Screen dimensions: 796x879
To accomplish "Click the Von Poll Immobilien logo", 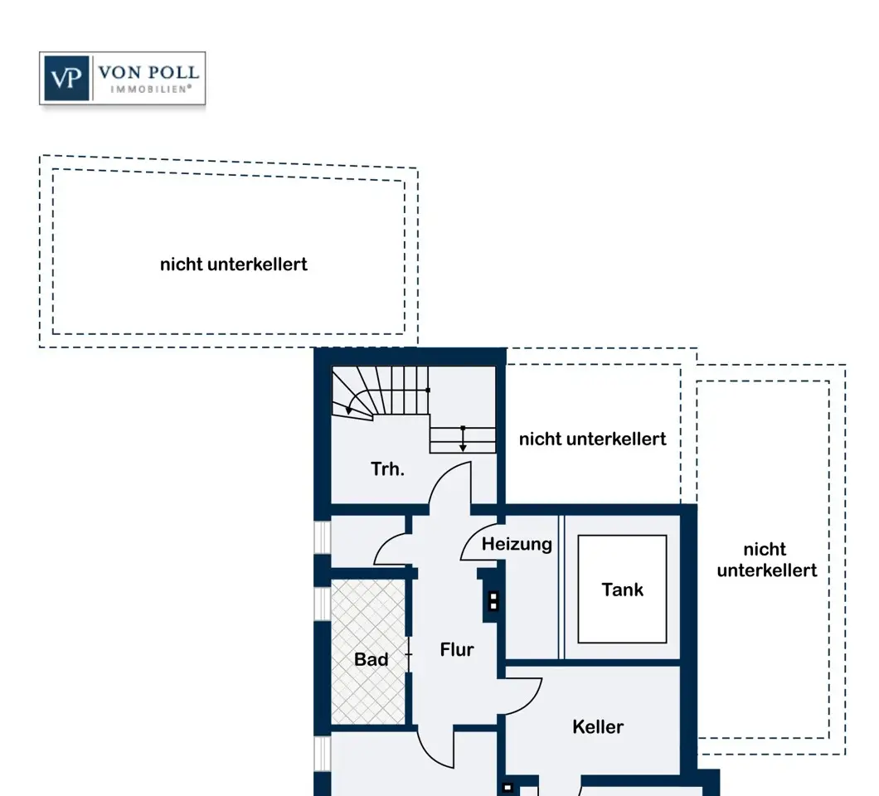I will point(122,79).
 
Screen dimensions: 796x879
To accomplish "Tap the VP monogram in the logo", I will point(67,79).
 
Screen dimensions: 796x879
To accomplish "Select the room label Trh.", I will point(387,469).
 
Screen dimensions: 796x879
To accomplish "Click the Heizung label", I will point(517,545).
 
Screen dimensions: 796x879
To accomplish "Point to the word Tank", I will point(622,590).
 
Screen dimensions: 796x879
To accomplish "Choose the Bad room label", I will point(371,660).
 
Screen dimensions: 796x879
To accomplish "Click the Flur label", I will point(457,650).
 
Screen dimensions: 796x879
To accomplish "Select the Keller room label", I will point(598,727).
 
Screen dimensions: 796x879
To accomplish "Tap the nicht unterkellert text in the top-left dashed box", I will point(233,265).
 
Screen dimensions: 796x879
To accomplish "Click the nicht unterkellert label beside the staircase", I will point(592,439).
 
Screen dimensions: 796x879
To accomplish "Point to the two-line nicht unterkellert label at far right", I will point(766,560).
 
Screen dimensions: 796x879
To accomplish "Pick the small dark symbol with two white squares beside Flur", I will point(493,600).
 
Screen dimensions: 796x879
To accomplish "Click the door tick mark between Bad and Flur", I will point(409,656).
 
